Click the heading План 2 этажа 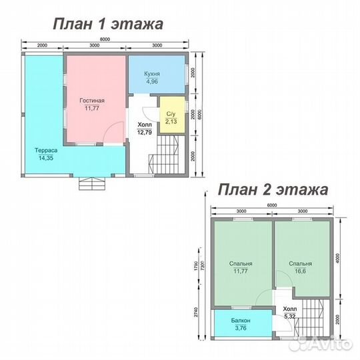(x=273, y=190)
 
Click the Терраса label (x=47, y=151)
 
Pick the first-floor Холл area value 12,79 (x=143, y=131)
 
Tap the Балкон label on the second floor (x=241, y=321)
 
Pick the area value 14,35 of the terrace (x=46, y=159)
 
